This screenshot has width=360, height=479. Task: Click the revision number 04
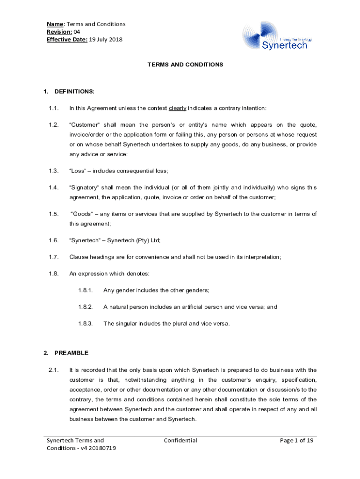(77, 32)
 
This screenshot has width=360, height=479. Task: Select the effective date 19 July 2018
(106, 39)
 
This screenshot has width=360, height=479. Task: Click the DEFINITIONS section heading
(74, 91)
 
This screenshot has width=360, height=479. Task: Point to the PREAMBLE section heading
(71, 353)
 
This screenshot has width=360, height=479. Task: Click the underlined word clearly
(177, 108)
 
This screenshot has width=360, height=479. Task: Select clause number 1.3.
(53, 171)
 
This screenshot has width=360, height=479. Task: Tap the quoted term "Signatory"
(85, 188)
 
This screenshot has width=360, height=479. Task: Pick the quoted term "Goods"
(82, 214)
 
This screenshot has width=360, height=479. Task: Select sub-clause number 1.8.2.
(86, 307)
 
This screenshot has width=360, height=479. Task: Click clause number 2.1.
(53, 370)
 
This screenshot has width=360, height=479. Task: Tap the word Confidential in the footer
(180, 440)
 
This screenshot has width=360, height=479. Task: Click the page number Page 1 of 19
(296, 440)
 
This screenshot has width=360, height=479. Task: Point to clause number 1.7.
(53, 257)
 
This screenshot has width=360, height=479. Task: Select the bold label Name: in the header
(56, 24)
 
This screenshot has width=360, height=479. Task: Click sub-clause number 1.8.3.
(86, 323)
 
